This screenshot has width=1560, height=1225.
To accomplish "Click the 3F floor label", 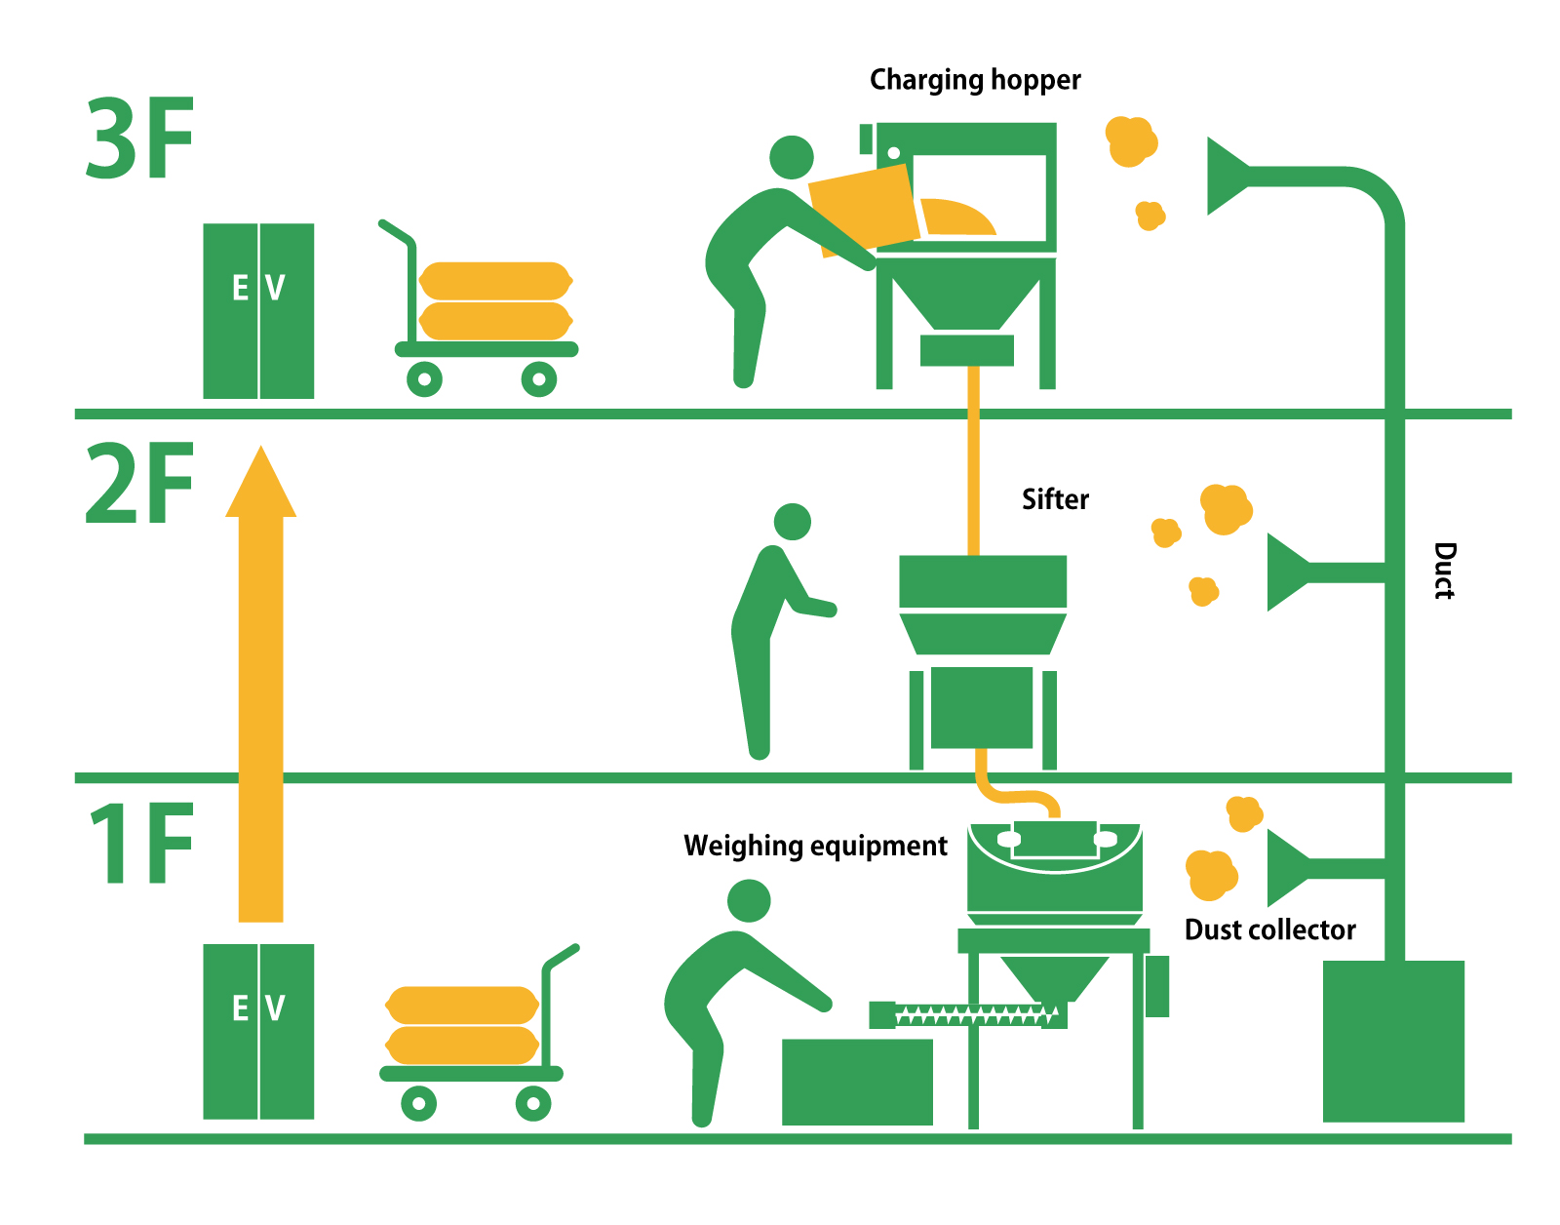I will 139,138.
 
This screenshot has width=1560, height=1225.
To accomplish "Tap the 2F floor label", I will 139,484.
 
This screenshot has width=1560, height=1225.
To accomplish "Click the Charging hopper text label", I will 975,80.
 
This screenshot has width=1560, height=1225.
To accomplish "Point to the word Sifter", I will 1055,499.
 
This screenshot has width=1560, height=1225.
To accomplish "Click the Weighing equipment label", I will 815,846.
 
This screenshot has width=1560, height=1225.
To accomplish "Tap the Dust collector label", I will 1269,929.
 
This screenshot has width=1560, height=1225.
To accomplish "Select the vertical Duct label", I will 1444,571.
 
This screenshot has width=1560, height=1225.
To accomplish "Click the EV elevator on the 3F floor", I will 258,310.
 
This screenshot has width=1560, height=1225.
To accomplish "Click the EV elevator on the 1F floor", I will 258,1031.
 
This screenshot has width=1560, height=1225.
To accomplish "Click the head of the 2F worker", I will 792,522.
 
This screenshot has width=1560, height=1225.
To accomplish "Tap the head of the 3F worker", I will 791,157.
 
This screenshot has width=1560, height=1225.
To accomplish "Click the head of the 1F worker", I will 749,900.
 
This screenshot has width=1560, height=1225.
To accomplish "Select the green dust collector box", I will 1393,1041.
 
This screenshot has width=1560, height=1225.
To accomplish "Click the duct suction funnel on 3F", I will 1228,177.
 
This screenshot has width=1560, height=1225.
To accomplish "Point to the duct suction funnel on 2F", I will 1287,573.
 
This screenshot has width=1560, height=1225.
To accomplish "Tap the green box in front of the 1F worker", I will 857,1082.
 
